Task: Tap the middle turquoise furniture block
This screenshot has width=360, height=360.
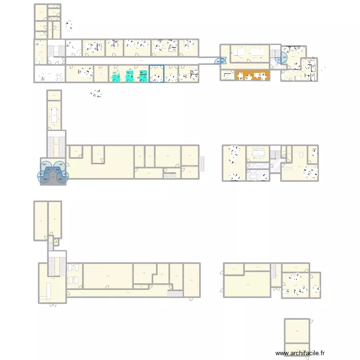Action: [130, 76]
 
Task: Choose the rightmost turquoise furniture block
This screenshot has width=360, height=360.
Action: [143, 76]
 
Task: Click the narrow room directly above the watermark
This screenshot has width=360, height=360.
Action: [297, 349]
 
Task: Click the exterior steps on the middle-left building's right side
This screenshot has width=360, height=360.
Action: [202, 163]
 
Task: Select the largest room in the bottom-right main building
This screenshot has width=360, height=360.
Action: [247, 285]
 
